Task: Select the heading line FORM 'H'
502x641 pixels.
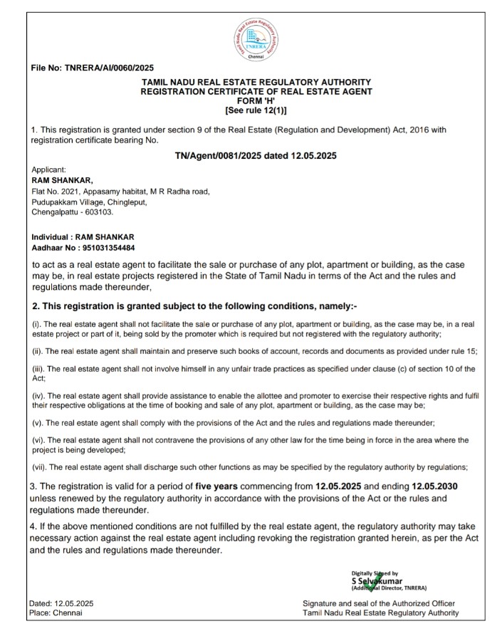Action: point(256,101)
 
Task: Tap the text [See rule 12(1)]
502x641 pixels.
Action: point(256,110)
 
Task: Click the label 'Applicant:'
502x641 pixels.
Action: point(49,170)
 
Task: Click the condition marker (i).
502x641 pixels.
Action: point(38,324)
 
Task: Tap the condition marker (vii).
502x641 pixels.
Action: point(41,467)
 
